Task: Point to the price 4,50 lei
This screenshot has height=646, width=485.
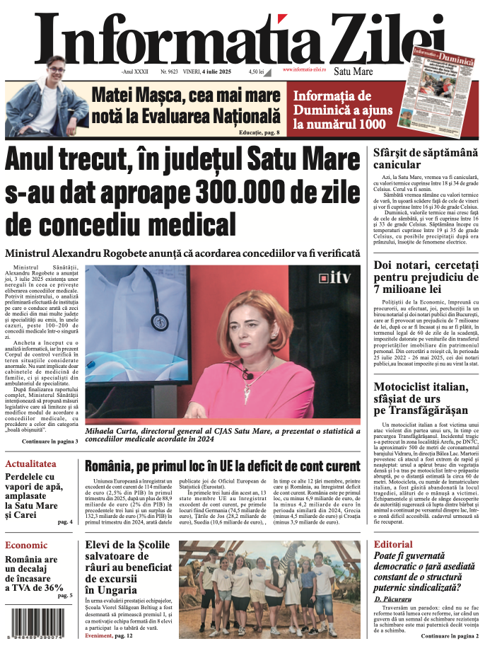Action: coord(256,72)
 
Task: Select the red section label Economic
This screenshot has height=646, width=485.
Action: coord(26,545)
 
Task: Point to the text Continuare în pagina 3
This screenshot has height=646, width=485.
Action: coord(50,442)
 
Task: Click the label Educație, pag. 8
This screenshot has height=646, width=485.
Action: coord(258,132)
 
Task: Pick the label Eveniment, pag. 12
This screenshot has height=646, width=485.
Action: coord(109,636)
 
